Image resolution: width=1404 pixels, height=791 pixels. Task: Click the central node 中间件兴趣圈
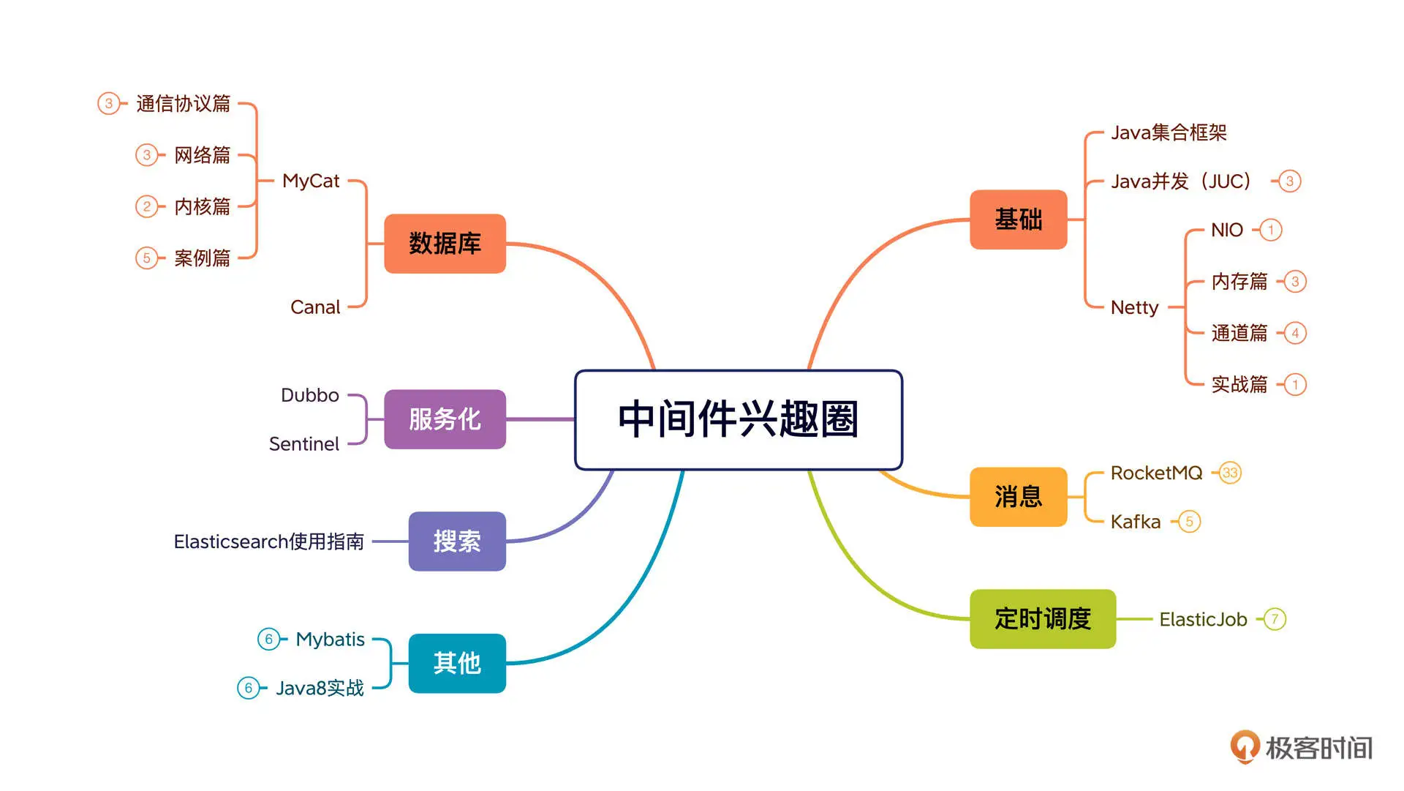click(x=739, y=419)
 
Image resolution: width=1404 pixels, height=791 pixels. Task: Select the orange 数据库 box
click(x=445, y=244)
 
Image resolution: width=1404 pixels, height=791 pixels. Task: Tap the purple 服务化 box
click(x=445, y=419)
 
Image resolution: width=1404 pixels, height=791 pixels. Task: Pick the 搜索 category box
click(x=457, y=541)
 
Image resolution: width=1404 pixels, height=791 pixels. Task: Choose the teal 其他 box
click(x=457, y=663)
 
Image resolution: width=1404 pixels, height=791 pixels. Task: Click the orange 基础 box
click(x=1018, y=220)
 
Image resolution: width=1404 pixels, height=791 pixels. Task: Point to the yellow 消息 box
click(x=1018, y=497)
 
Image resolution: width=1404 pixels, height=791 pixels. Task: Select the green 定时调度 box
click(x=1043, y=619)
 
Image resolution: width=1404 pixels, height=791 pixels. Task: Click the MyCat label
click(x=311, y=181)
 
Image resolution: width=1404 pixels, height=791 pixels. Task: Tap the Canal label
click(x=315, y=307)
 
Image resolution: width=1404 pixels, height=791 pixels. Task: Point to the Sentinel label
click(x=303, y=444)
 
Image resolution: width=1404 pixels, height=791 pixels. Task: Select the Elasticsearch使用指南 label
click(x=268, y=541)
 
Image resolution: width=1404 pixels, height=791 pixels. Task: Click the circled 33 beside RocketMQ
click(x=1230, y=473)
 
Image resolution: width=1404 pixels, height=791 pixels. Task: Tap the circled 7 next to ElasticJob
click(x=1275, y=619)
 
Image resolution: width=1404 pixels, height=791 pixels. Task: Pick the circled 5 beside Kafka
click(x=1190, y=522)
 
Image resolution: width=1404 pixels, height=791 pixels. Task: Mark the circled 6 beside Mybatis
click(x=268, y=639)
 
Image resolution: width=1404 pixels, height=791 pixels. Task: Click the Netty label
click(x=1134, y=307)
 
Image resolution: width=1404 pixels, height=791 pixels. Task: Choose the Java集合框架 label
click(x=1169, y=132)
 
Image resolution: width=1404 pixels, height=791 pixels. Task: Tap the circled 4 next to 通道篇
click(x=1295, y=333)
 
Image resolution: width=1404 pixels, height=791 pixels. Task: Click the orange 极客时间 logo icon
click(x=1245, y=746)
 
